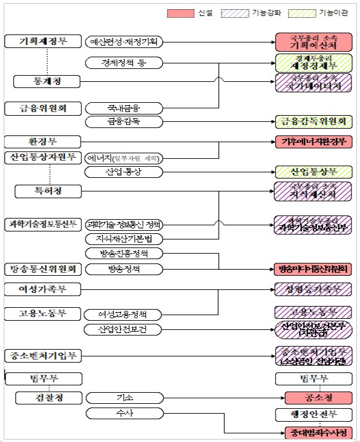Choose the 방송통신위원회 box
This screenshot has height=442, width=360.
tap(43, 269)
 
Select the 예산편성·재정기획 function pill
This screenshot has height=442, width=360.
tap(124, 42)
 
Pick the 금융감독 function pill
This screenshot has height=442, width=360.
tap(124, 121)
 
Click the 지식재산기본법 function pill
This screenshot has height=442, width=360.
tap(124, 238)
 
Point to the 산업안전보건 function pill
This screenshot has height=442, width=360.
tap(124, 329)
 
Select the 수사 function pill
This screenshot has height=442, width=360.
tap(124, 412)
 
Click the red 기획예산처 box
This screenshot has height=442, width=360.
tap(314, 42)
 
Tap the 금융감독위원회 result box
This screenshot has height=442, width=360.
tap(314, 121)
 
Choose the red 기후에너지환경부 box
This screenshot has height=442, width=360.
tap(314, 142)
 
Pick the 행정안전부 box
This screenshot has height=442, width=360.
tap(314, 412)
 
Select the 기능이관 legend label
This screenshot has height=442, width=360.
tap(334, 13)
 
